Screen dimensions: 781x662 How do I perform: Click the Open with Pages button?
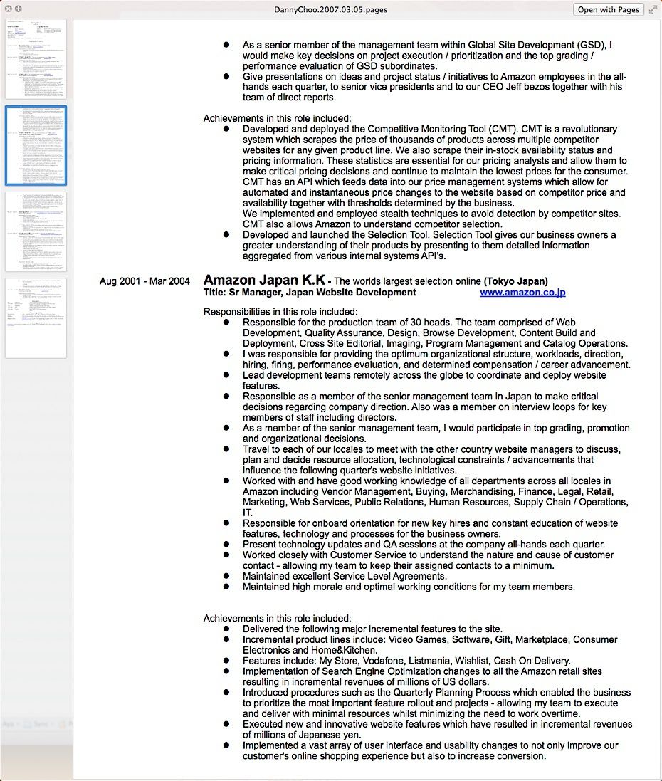(x=608, y=9)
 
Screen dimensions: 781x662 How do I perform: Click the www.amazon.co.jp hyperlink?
(x=522, y=292)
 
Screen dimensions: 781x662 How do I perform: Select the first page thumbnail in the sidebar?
(x=36, y=59)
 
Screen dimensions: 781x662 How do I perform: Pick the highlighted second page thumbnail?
(x=36, y=145)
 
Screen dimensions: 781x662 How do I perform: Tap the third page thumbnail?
(x=36, y=231)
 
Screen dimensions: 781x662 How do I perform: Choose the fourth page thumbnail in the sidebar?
(x=36, y=318)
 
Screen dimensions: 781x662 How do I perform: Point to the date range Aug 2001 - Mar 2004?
(x=145, y=281)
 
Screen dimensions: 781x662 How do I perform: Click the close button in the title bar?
(x=9, y=9)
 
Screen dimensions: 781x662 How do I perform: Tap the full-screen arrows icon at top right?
(x=653, y=9)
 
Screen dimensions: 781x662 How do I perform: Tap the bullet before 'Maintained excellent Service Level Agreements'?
(x=226, y=576)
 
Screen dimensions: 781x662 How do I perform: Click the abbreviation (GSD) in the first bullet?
(x=594, y=45)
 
